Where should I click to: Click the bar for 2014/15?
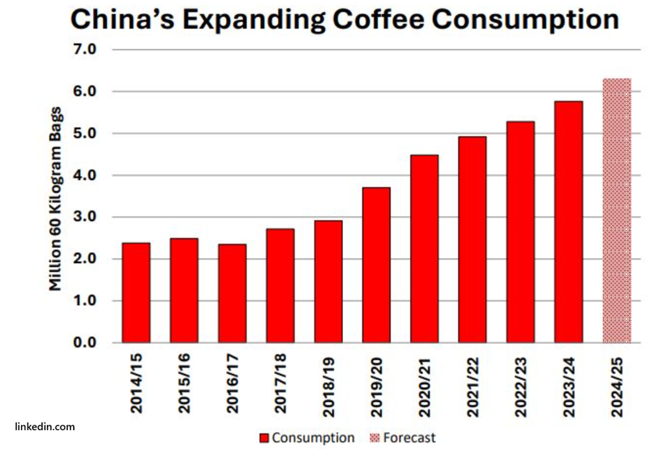pyautogui.click(x=136, y=292)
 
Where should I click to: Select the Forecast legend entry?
pyautogui.click(x=409, y=438)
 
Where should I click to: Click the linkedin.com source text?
pyautogui.click(x=45, y=427)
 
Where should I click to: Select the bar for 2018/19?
pyautogui.click(x=328, y=281)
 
